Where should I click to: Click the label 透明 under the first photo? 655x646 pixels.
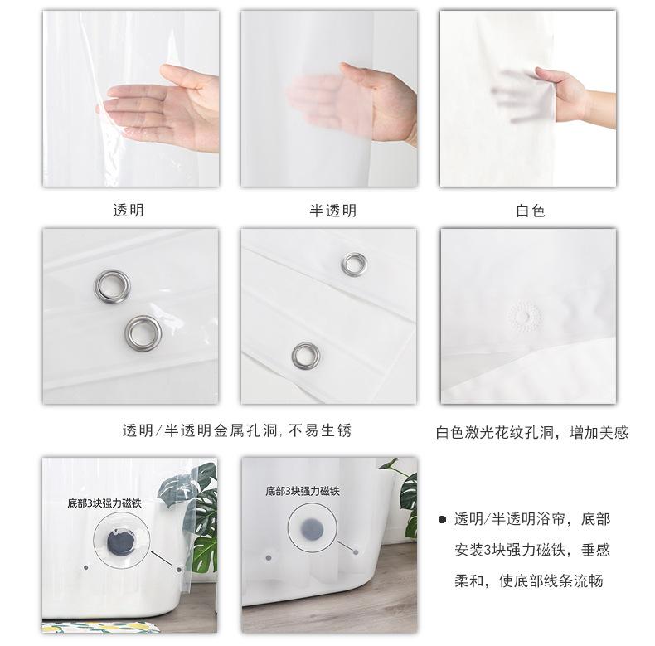coord(129,210)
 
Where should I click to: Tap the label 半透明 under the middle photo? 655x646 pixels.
coord(333,210)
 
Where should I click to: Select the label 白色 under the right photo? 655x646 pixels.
coord(531,211)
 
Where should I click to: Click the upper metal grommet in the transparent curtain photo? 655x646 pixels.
coord(112,286)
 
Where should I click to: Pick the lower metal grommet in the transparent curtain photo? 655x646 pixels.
coord(143,333)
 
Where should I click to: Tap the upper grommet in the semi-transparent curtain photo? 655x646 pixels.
coord(354,265)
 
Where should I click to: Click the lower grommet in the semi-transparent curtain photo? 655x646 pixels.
coord(306,356)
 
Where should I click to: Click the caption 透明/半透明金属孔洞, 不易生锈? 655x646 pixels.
coord(237,430)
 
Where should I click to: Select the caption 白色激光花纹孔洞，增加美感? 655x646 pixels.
coord(531,433)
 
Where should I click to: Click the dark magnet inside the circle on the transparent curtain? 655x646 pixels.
coord(121,542)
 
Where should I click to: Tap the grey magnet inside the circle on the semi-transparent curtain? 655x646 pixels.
coord(313,528)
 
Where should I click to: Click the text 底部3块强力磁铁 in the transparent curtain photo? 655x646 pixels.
coord(104,503)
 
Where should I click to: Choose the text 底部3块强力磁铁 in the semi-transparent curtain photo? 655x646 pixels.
coord(303,491)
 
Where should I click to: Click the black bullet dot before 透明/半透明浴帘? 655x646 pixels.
coord(442,520)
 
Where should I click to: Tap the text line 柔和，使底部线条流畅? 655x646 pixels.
coord(529,580)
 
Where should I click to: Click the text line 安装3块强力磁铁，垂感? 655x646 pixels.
coord(532,550)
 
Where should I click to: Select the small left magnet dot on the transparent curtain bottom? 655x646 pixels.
coord(86,568)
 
